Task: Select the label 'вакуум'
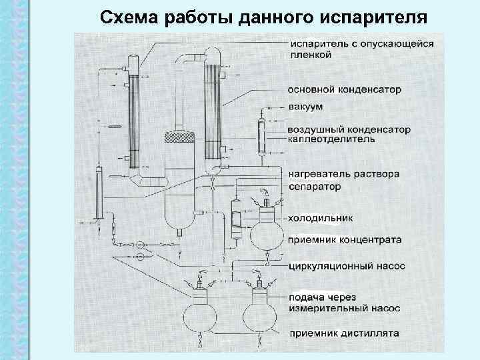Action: [307, 107]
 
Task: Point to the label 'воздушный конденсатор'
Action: [349, 129]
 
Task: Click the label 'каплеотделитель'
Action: [331, 139]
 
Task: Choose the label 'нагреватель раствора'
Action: [344, 174]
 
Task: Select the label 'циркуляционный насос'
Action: [347, 266]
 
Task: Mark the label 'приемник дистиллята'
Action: [343, 333]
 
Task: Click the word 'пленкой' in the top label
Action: [310, 55]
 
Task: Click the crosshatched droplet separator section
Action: [179, 137]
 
